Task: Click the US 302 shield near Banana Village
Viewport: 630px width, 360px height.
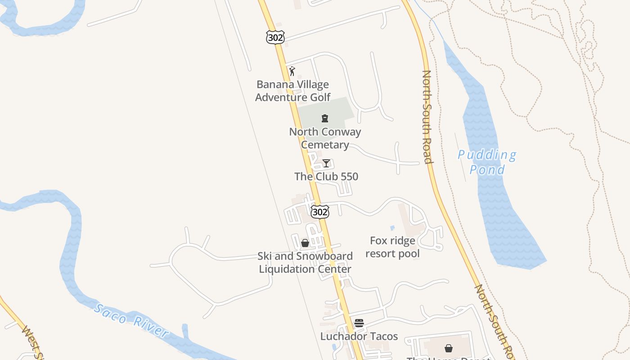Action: click(275, 38)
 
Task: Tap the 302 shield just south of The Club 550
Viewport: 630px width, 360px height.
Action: click(319, 211)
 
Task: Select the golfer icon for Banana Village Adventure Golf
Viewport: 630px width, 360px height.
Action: click(292, 71)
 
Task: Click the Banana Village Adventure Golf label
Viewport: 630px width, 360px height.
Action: click(292, 91)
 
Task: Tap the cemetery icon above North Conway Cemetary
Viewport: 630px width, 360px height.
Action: click(324, 118)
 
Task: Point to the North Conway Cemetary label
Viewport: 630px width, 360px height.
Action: click(325, 138)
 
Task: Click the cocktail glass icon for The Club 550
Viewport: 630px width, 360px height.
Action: click(326, 163)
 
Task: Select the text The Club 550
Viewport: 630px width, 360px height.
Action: click(326, 176)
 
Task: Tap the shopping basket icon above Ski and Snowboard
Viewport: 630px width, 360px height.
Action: click(305, 243)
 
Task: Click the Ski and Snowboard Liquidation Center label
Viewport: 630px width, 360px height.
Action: click(305, 263)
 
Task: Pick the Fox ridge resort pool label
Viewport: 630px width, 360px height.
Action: click(392, 247)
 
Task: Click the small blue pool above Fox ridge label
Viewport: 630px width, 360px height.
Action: click(392, 228)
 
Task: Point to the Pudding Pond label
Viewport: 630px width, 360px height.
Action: click(487, 162)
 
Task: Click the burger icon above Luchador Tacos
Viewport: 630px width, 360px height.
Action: click(359, 323)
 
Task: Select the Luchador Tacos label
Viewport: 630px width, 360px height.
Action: click(359, 336)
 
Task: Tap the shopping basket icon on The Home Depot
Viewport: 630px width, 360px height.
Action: click(449, 348)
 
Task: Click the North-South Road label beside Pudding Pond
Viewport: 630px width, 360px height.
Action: click(427, 117)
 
